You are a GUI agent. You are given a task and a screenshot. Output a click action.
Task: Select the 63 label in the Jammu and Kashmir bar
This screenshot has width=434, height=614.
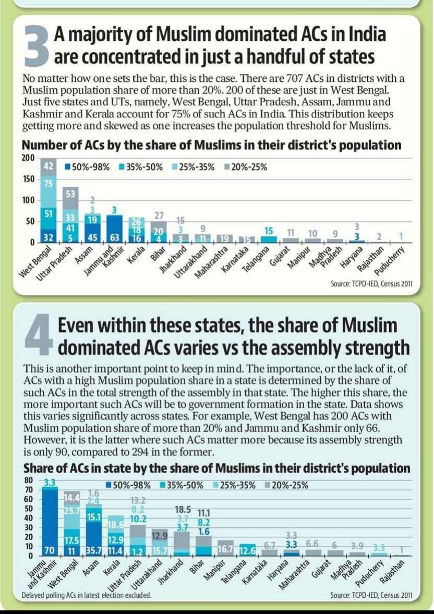click(116, 237)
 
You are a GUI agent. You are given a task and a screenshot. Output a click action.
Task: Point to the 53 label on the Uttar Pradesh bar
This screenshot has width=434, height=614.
click(70, 194)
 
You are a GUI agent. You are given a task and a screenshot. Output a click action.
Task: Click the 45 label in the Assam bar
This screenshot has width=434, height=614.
click(93, 237)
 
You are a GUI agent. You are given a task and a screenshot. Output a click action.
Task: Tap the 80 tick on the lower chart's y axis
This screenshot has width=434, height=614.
click(29, 480)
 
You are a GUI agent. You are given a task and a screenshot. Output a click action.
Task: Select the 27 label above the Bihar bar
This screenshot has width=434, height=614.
click(160, 215)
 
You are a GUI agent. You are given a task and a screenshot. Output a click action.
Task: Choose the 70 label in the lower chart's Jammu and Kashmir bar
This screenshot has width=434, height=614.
click(50, 550)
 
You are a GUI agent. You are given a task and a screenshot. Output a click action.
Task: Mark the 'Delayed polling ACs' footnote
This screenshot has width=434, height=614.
click(87, 595)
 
